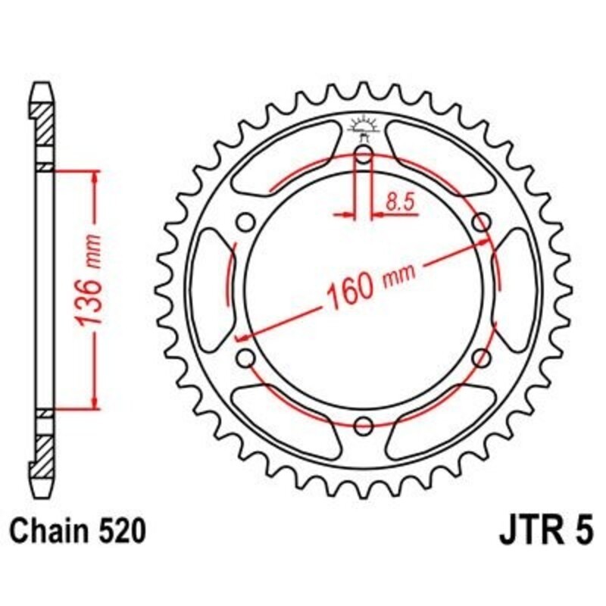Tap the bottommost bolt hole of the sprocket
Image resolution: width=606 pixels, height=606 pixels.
point(364,423)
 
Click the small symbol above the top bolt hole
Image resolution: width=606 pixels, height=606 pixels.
point(363,126)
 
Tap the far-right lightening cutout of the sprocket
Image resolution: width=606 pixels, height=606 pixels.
point(515,291)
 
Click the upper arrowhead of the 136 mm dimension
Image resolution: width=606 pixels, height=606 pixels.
point(94,178)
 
